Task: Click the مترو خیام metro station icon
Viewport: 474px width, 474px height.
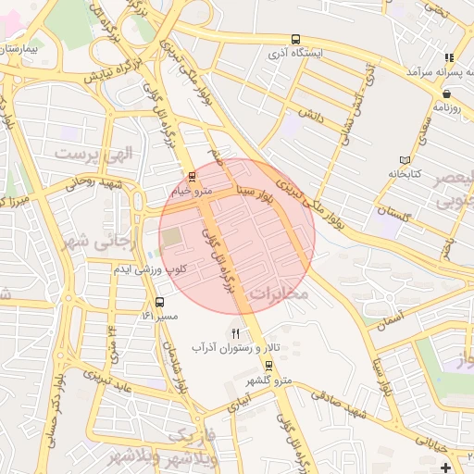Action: [192, 175]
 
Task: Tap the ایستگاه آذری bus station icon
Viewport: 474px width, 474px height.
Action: [294, 40]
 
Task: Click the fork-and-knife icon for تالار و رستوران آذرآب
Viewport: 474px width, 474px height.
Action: [236, 333]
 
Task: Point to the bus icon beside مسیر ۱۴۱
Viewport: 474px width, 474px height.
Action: [160, 302]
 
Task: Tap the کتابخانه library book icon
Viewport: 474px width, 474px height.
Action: [403, 159]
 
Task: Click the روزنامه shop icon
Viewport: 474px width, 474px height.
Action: [447, 93]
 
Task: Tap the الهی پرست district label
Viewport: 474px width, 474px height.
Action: [94, 153]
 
